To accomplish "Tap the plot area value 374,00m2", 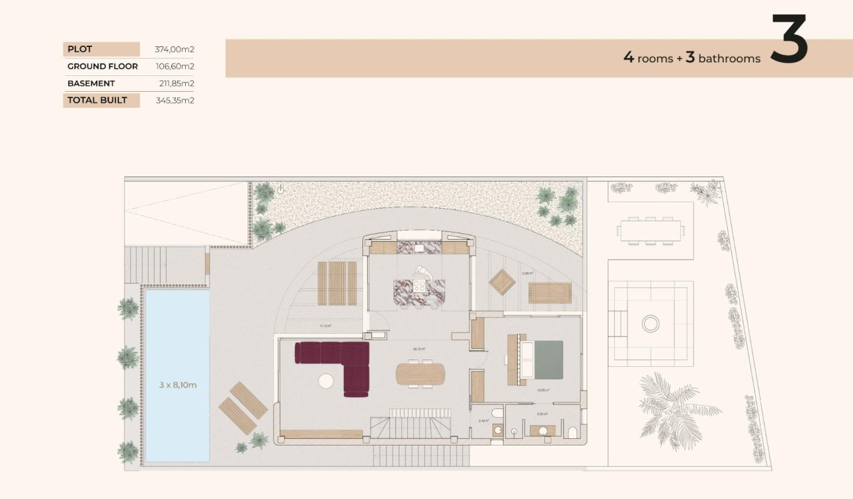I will click(x=175, y=49).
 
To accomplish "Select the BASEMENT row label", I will click(x=91, y=83).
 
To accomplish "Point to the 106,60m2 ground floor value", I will click(x=175, y=66).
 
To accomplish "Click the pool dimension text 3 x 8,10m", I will click(x=178, y=385).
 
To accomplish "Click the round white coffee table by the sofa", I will click(x=326, y=381).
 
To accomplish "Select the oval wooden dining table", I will click(x=421, y=374).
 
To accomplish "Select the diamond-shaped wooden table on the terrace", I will click(x=502, y=283).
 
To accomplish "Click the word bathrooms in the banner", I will click(x=729, y=59).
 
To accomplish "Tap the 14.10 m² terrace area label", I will click(x=325, y=326).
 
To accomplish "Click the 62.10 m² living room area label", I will click(x=419, y=349).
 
